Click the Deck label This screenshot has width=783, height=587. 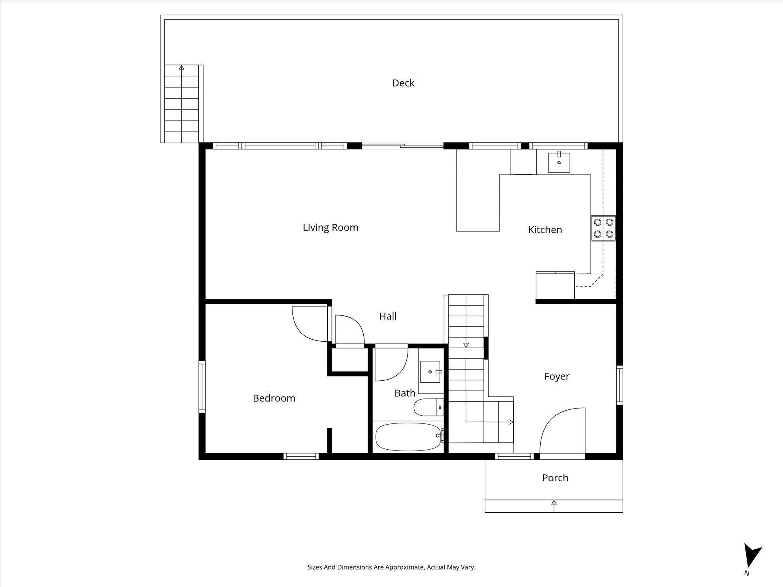click(x=403, y=83)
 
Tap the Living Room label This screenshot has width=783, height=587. click(x=330, y=227)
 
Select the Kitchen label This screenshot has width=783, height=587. click(x=545, y=230)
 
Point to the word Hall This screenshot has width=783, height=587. click(x=388, y=316)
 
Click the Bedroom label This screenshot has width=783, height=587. click(x=274, y=398)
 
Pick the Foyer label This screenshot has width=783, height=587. click(x=557, y=376)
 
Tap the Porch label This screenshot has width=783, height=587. click(x=555, y=478)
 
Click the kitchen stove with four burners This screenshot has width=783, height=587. click(x=603, y=228)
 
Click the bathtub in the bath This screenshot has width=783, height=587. click(x=410, y=436)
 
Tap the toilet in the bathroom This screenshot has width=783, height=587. click(x=428, y=407)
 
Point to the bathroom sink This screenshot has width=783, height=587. click(x=431, y=371)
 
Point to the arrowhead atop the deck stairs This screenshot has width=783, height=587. click(x=181, y=67)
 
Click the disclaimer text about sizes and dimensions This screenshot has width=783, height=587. click(x=391, y=567)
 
